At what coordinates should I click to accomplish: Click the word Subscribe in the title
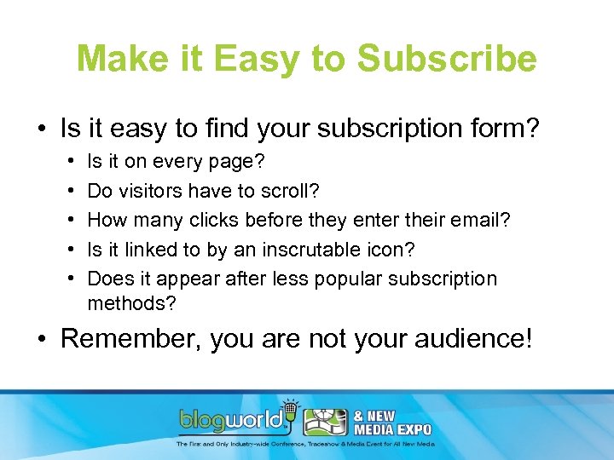click(447, 60)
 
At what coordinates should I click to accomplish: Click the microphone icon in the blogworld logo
click(290, 407)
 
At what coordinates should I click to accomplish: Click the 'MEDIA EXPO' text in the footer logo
click(399, 428)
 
